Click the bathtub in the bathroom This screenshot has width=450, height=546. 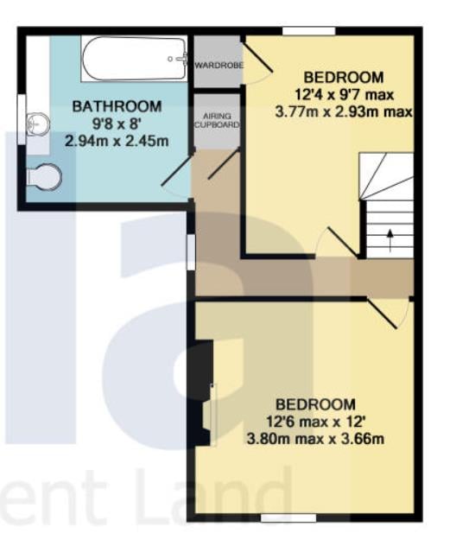[x=134, y=59]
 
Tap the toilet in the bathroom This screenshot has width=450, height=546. [x=44, y=177]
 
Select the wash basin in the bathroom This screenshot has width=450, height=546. [x=38, y=124]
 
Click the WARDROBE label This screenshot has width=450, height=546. [x=219, y=65]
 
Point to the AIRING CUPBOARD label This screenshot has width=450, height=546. [x=217, y=120]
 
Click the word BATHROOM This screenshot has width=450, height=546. [x=117, y=106]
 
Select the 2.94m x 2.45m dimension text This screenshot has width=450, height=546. [x=117, y=141]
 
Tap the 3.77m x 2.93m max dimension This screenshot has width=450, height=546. [x=344, y=112]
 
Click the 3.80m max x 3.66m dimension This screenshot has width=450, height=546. [x=315, y=438]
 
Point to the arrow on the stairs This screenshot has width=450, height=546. [x=390, y=240]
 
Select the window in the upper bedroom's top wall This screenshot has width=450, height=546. [x=308, y=31]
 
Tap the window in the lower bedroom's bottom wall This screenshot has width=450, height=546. [x=288, y=518]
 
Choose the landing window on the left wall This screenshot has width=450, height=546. [x=191, y=252]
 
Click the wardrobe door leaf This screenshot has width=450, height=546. [x=257, y=57]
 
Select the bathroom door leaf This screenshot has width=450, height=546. [x=177, y=168]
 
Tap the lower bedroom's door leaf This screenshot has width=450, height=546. [x=382, y=313]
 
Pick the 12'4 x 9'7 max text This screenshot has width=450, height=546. [x=344, y=94]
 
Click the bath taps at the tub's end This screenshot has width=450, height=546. [x=180, y=59]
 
